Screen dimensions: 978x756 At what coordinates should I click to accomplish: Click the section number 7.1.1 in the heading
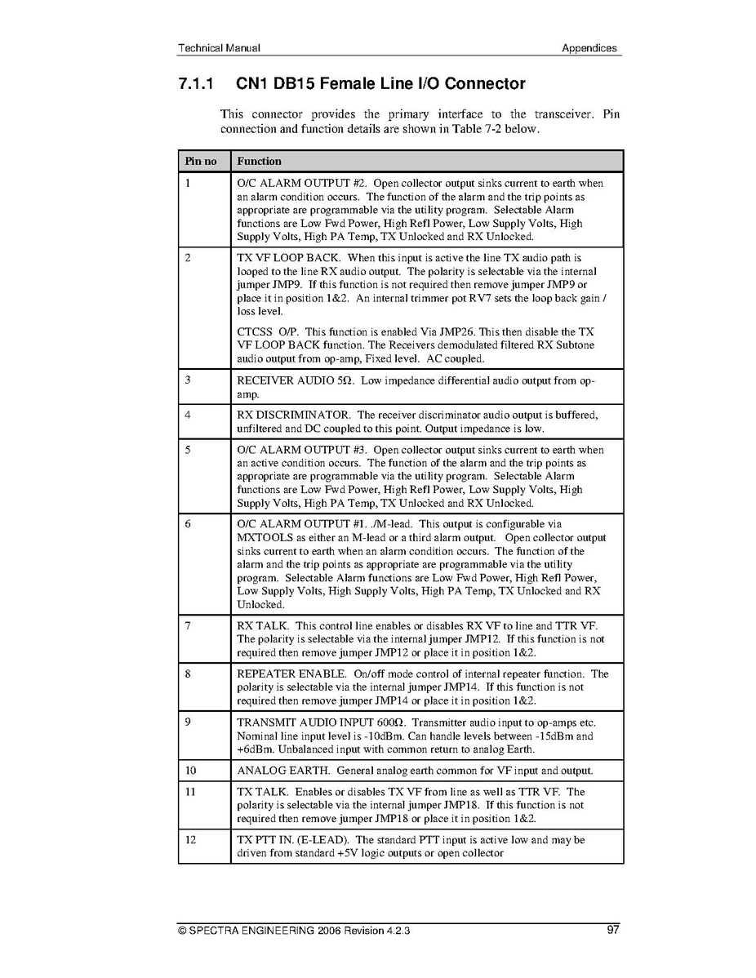click(x=196, y=83)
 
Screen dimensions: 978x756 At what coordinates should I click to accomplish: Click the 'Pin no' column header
click(x=200, y=161)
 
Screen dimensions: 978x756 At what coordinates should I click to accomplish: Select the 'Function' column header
click(x=259, y=161)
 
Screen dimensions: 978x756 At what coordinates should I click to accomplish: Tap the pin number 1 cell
click(x=188, y=184)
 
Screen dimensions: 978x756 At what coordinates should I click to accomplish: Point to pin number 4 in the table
click(x=188, y=415)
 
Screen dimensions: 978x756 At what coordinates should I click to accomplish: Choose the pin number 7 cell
click(x=188, y=626)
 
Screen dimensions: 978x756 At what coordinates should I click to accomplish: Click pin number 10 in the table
click(x=190, y=771)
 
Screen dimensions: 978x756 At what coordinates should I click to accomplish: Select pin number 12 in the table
click(x=190, y=839)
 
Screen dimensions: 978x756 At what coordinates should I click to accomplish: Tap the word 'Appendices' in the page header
click(x=589, y=48)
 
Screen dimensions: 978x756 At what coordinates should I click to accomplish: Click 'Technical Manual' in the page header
click(x=219, y=48)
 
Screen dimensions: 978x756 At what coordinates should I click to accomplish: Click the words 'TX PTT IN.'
click(x=265, y=839)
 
